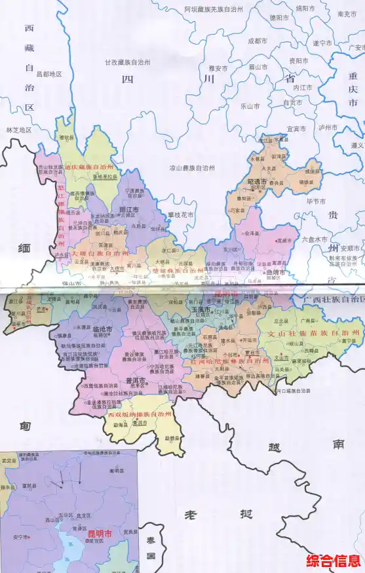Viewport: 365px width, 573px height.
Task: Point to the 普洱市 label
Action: (136, 381)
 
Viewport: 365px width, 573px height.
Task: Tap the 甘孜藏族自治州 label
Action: (128, 63)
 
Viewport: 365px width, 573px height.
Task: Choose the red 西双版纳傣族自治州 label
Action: (139, 415)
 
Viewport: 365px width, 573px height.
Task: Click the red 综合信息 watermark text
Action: (334, 561)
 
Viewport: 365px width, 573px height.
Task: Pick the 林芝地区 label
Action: (18, 130)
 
